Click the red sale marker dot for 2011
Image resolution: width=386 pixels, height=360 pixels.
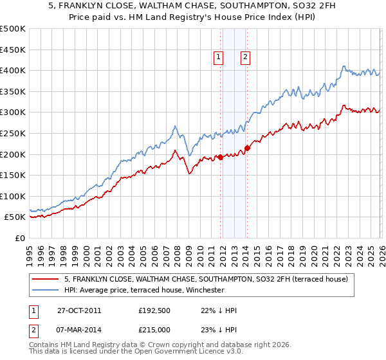pos(220,157)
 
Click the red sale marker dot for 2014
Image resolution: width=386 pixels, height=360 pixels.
pos(247,148)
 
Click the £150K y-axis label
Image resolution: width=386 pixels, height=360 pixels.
pos(13,175)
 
